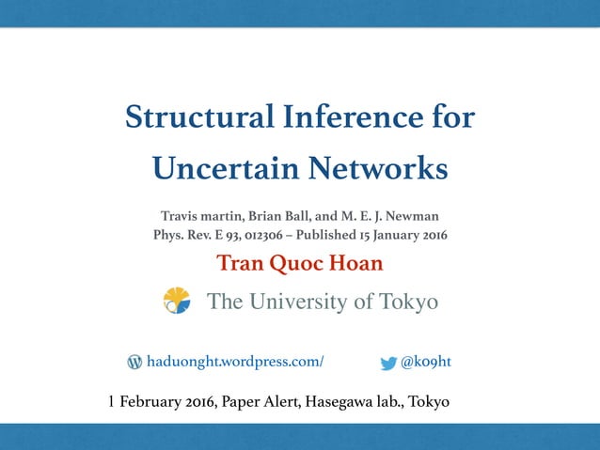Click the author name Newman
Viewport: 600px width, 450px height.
414,216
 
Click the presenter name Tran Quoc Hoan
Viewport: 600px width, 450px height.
300,263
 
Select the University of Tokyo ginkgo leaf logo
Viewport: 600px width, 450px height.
177,301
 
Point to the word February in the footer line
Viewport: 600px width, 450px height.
149,403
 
